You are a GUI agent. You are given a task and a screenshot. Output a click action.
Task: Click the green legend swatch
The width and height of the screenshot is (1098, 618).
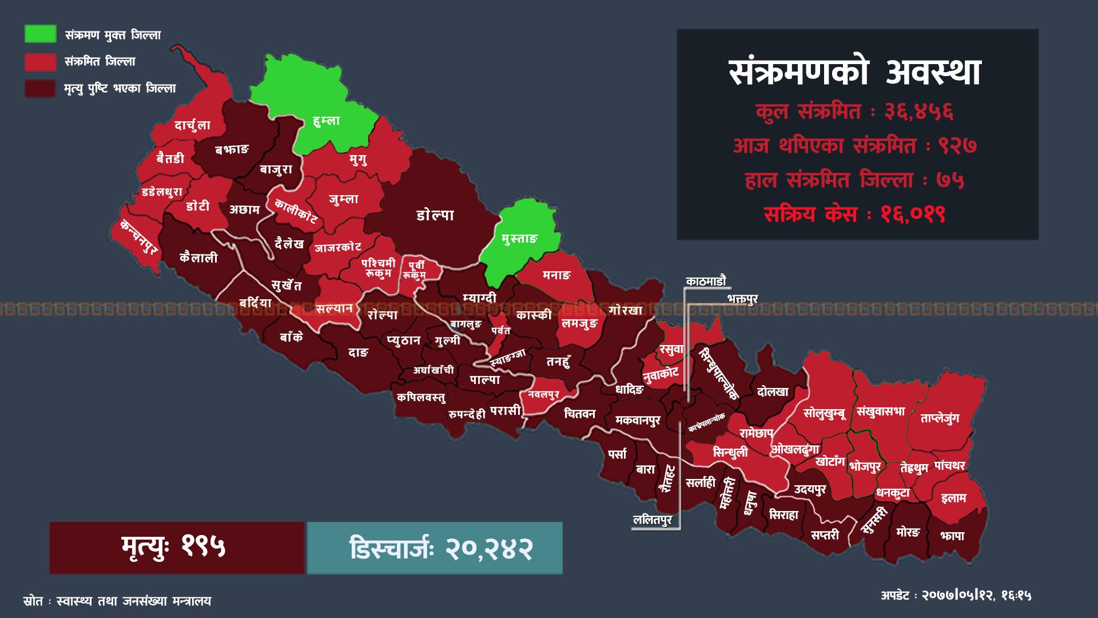[x=40, y=34]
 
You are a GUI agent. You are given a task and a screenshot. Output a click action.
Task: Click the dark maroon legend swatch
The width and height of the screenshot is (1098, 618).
[x=40, y=88]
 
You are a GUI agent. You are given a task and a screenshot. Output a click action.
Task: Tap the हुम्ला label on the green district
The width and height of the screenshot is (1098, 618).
[x=327, y=121]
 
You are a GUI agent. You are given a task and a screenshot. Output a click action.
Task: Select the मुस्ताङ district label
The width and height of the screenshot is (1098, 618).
[x=520, y=239]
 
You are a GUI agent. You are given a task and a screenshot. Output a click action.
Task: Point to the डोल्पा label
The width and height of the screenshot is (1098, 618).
[x=435, y=215]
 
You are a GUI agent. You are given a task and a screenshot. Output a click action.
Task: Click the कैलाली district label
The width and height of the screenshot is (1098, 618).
[x=198, y=257]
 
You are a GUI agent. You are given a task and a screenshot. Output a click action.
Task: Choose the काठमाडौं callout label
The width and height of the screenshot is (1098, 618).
[x=706, y=281]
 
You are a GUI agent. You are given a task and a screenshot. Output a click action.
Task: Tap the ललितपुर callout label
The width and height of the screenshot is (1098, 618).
[x=653, y=520]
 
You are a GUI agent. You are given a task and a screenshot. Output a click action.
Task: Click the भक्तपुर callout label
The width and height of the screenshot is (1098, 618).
[x=742, y=299]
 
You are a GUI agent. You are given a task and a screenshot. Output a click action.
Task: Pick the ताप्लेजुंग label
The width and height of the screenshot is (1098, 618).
[x=940, y=418]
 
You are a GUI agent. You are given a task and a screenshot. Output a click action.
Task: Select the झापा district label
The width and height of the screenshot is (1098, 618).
[x=952, y=536]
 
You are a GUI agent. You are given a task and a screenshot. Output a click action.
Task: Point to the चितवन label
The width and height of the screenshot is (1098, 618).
[x=579, y=414]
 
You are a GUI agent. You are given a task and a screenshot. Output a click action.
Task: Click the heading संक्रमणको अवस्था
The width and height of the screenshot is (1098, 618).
[x=856, y=73]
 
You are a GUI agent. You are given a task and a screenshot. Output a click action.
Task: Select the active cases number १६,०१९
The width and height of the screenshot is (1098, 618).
[x=913, y=215]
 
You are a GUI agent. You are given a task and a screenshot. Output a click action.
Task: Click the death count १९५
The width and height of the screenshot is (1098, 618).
[x=204, y=546]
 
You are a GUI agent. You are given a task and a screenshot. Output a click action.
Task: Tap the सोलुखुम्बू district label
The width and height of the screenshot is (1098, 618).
[x=824, y=413]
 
